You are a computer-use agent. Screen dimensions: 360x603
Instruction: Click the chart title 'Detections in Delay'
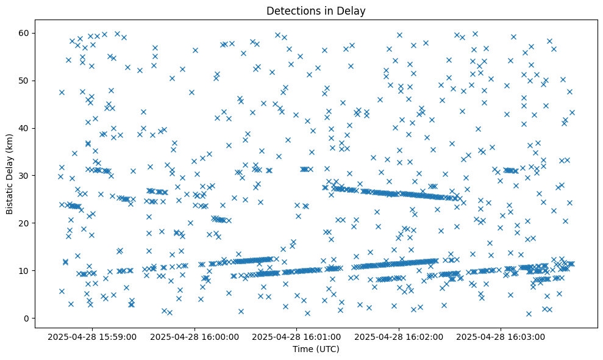point(316,10)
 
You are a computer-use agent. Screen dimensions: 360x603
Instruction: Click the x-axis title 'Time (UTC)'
point(316,350)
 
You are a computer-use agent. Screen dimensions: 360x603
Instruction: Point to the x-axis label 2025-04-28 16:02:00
point(399,336)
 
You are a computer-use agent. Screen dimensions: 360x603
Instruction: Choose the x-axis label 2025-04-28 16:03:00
point(502,336)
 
